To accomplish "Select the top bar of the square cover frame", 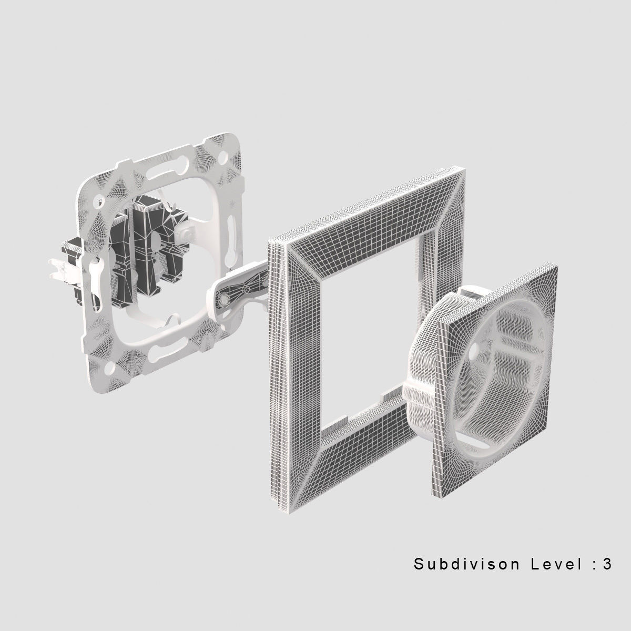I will point(368,210).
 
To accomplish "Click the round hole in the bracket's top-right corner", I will point(224,156).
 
